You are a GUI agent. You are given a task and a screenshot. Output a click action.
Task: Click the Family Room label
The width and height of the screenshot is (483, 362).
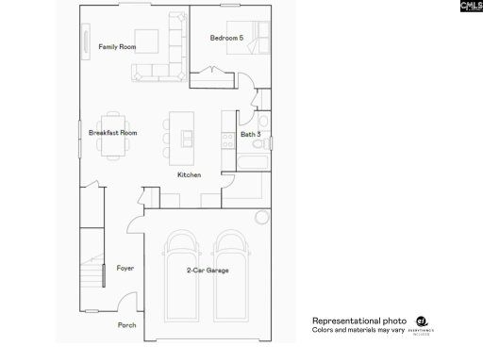(x=118, y=47)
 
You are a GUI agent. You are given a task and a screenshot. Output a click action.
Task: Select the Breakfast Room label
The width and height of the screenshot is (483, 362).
(x=113, y=133)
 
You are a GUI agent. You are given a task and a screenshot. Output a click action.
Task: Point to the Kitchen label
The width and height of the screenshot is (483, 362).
(x=189, y=175)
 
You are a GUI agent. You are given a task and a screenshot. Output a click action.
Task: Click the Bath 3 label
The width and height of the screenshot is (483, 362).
(x=251, y=135)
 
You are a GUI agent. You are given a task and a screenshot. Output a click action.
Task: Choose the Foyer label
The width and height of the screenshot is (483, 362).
(x=125, y=269)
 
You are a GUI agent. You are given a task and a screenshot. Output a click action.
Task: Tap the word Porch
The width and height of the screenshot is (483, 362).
(x=126, y=325)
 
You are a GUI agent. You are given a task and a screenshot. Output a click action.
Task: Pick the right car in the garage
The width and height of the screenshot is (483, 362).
(x=232, y=269)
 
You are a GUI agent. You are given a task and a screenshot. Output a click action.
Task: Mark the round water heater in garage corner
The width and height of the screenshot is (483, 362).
(x=261, y=218)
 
